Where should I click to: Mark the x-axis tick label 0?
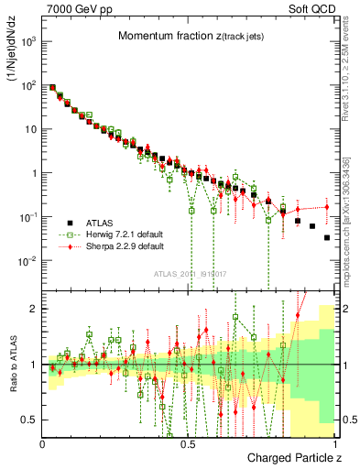point(43,444)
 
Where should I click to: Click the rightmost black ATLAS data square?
point(327,237)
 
